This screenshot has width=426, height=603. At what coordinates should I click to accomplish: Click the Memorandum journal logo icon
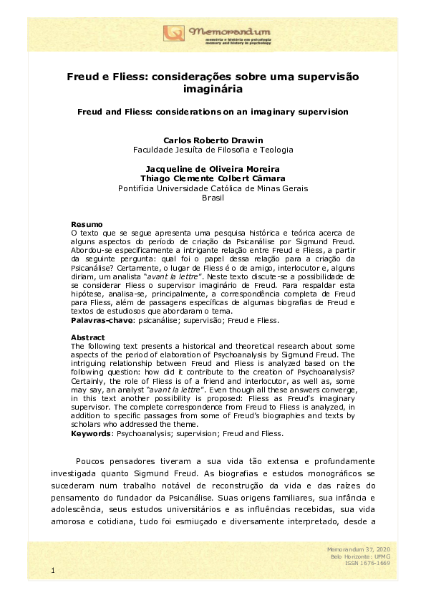pyautogui.click(x=173, y=33)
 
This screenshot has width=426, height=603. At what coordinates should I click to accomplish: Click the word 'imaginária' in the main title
pyautogui.click(x=213, y=90)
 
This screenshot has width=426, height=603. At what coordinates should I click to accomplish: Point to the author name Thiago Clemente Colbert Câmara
pyautogui.click(x=213, y=179)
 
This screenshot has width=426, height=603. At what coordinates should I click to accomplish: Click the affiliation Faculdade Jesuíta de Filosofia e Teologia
pyautogui.click(x=213, y=150)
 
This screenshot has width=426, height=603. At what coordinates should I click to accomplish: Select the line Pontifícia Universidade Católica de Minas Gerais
pyautogui.click(x=213, y=188)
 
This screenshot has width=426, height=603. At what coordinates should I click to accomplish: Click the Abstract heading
pyautogui.click(x=88, y=337)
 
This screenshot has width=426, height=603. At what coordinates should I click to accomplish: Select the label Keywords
pyautogui.click(x=92, y=434)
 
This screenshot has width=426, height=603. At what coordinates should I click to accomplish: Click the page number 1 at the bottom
pyautogui.click(x=53, y=570)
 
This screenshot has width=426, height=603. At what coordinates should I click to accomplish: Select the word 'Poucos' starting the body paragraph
pyautogui.click(x=91, y=461)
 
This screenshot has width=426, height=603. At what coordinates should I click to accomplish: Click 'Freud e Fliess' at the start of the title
pyautogui.click(x=103, y=76)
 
